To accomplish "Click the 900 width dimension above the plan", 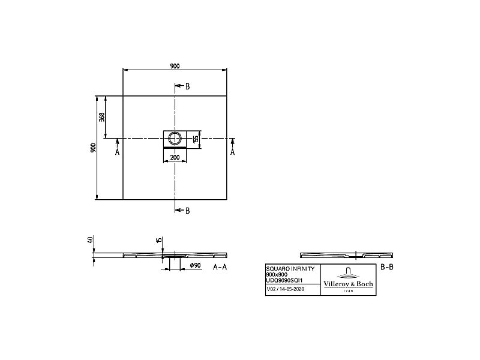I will click(175, 66).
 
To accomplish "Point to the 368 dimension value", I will click(102, 117).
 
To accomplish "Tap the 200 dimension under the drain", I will click(175, 157).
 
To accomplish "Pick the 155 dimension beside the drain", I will click(196, 139).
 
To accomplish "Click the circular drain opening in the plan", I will click(175, 139).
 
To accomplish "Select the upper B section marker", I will click(187, 86).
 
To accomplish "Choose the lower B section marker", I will click(187, 210).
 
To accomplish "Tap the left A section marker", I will click(117, 152).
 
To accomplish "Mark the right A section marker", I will click(233, 152).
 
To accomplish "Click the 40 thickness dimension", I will click(91, 240).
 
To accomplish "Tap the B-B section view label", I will click(387, 266).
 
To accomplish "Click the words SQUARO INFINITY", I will click(289, 269).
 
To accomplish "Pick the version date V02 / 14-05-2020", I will click(286, 289).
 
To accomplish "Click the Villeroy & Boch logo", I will click(347, 280).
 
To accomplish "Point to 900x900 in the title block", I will click(278, 274).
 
